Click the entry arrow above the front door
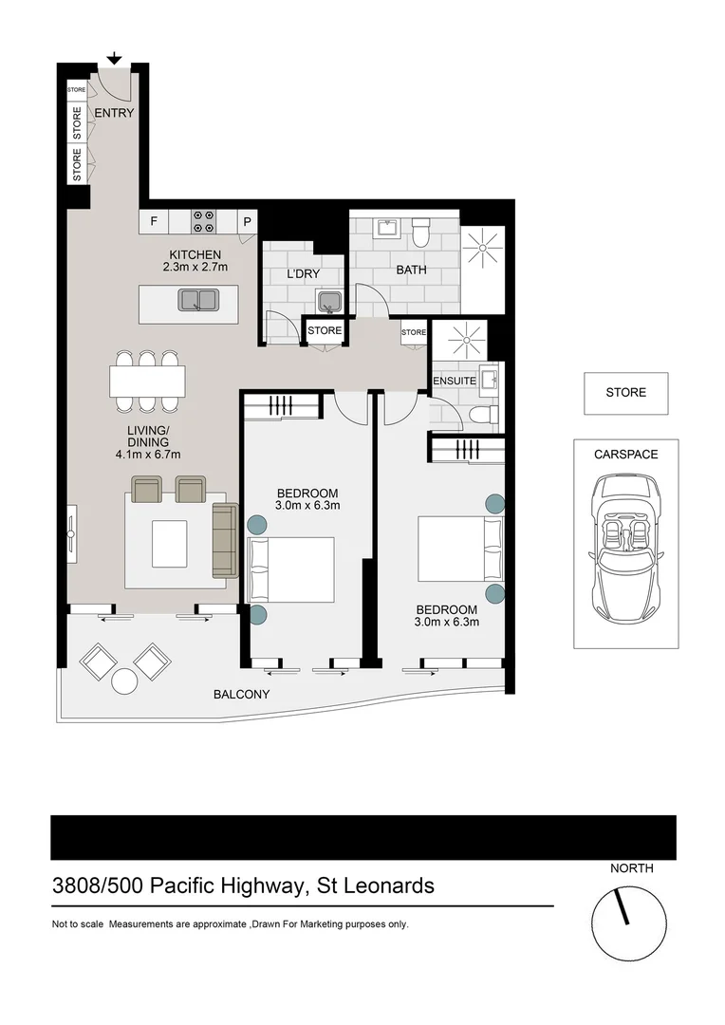(114, 60)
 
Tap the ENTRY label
(114, 113)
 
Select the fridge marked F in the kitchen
(153, 222)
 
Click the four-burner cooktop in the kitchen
(203, 221)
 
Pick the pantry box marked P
(247, 222)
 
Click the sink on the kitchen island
(197, 300)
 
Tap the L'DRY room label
(302, 274)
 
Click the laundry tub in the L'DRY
(328, 303)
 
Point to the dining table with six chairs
(146, 382)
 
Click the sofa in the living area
(224, 540)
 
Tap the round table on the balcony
(125, 681)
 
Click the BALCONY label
(241, 695)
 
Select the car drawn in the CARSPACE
(625, 544)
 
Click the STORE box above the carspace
(625, 393)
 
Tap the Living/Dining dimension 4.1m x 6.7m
(147, 455)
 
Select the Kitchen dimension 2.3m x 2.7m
(195, 268)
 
